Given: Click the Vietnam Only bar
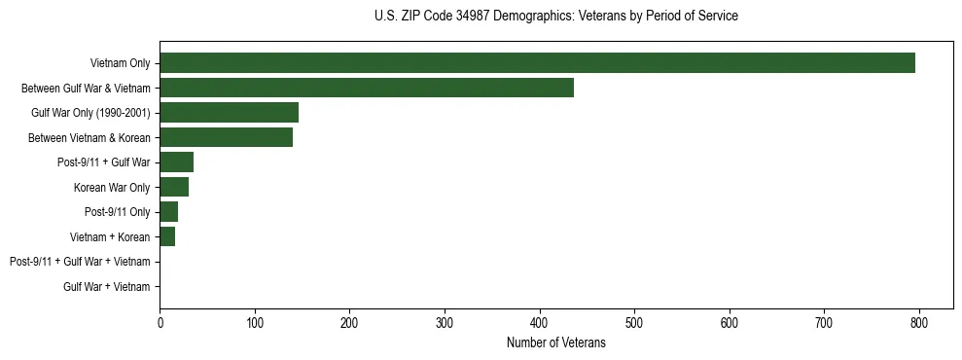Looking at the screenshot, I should pyautogui.click(x=537, y=63).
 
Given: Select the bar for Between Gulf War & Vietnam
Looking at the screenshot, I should pyautogui.click(x=367, y=88).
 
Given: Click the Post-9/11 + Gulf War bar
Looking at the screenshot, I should pyautogui.click(x=176, y=162).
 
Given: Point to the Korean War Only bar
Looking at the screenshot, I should pyautogui.click(x=174, y=187).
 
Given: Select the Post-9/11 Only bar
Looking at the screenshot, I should pyautogui.click(x=168, y=212).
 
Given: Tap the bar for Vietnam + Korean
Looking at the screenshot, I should pyautogui.click(x=167, y=236).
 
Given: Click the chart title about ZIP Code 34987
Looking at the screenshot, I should pyautogui.click(x=555, y=17).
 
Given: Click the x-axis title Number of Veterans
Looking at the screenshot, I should pyautogui.click(x=555, y=343).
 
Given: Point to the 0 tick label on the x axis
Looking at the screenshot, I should pyautogui.click(x=160, y=323).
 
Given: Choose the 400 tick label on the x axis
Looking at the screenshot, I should pyautogui.click(x=539, y=323).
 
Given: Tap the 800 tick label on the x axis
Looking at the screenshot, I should pyautogui.click(x=919, y=323).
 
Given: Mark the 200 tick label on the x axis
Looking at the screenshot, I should pyautogui.click(x=349, y=323).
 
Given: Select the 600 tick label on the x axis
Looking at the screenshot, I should pyautogui.click(x=730, y=323).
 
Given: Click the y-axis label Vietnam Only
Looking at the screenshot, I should pyautogui.click(x=120, y=64).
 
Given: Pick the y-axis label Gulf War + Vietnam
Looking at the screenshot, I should pyautogui.click(x=107, y=287).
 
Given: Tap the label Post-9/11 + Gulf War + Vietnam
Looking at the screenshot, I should pyautogui.click(x=80, y=262).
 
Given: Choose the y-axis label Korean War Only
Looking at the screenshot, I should pyautogui.click(x=112, y=188).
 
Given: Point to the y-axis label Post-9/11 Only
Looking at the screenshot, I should pyautogui.click(x=118, y=212).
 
